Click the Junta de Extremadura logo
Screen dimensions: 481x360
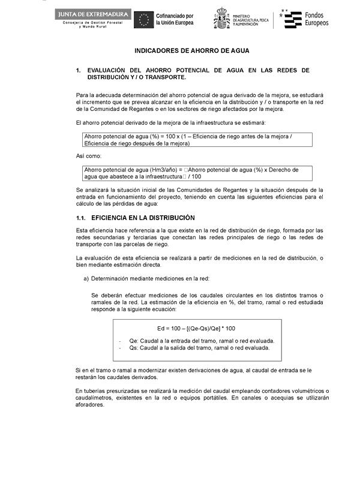pyautogui.click(x=92, y=14)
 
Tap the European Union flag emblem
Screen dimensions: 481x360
pyautogui.click(x=143, y=20)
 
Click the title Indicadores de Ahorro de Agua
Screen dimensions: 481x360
pyautogui.click(x=192, y=51)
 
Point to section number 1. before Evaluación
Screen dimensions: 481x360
pyautogui.click(x=79, y=70)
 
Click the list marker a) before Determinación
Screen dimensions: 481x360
pyautogui.click(x=86, y=278)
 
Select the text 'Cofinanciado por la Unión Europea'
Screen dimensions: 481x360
pyautogui.click(x=175, y=19)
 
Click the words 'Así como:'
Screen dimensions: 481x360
pyautogui.click(x=89, y=156)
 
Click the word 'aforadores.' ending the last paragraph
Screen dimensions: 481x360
pyautogui.click(x=91, y=404)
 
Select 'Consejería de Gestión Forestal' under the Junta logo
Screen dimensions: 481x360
pyautogui.click(x=92, y=23)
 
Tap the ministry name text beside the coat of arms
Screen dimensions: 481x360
pyautogui.click(x=250, y=20)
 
